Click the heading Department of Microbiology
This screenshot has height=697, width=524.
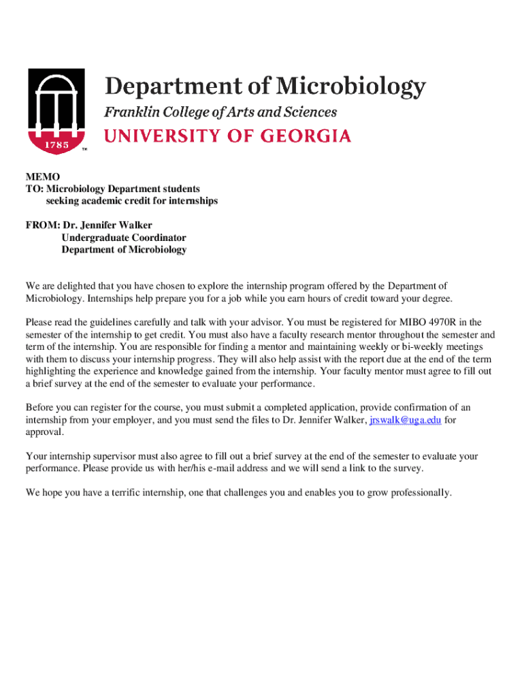pyautogui.click(x=265, y=87)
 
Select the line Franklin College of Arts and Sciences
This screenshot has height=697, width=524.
pyautogui.click(x=220, y=112)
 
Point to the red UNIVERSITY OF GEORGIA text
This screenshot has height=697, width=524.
pyautogui.click(x=227, y=136)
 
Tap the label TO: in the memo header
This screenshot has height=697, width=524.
pyautogui.click(x=35, y=189)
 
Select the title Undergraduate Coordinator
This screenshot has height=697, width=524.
pyautogui.click(x=124, y=238)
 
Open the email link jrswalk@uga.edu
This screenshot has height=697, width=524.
pyautogui.click(x=405, y=421)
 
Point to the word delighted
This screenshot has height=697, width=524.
pyautogui.click(x=74, y=286)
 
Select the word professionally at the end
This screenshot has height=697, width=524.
pyautogui.click(x=416, y=493)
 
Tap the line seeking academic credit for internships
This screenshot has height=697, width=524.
pyautogui.click(x=132, y=201)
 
